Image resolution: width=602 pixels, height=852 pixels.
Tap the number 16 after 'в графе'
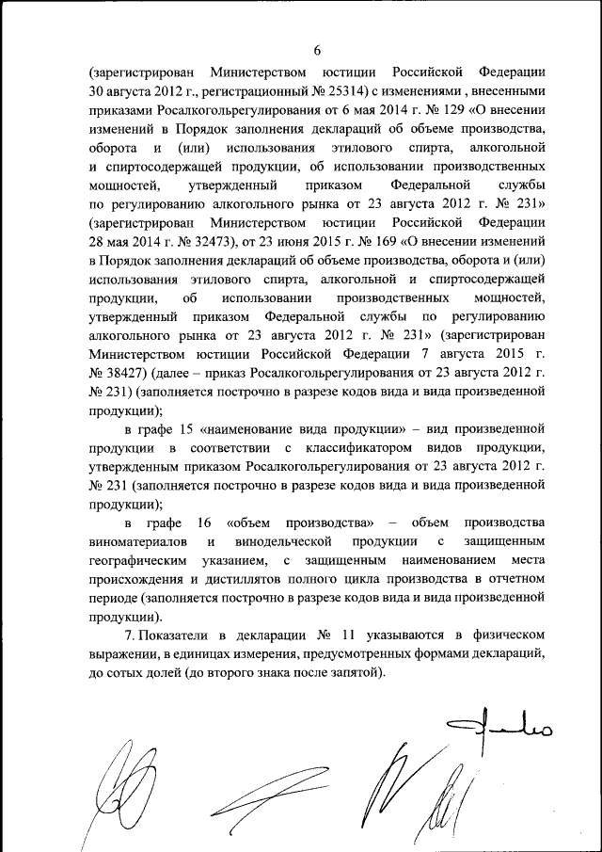pos(203,522)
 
